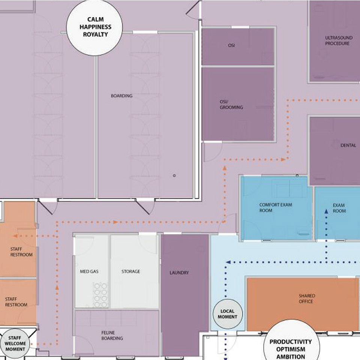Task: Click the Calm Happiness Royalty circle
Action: (94, 27)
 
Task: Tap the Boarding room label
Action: (121, 96)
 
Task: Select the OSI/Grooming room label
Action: (231, 105)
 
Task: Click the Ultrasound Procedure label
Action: (337, 40)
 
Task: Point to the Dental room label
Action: (348, 145)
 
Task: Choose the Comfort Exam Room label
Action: (276, 208)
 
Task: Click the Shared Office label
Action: (306, 298)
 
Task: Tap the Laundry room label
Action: (179, 273)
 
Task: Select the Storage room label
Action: (130, 271)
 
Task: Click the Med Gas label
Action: (89, 271)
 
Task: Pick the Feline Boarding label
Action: (112, 336)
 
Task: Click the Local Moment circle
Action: (228, 314)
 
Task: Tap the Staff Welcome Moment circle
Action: (15, 343)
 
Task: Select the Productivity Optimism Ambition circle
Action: (291, 347)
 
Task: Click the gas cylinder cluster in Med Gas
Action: (100, 295)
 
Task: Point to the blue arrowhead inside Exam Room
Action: (326, 211)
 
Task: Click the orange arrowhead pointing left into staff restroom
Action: (15, 236)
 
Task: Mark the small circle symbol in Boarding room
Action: (174, 175)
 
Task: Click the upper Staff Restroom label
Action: (16, 252)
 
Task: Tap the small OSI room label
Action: (231, 45)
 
